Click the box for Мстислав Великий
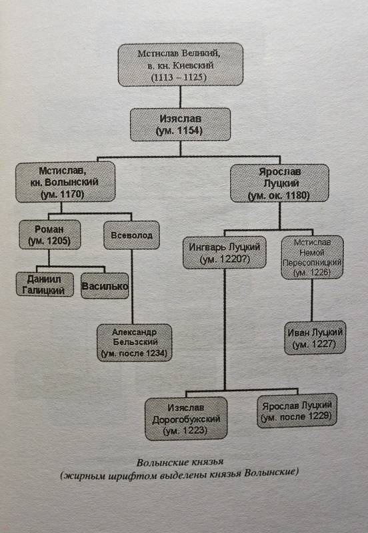[180, 65]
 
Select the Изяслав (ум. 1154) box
[180, 125]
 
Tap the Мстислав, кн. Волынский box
[65, 182]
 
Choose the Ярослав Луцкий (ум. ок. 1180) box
[279, 183]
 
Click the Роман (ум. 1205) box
[49, 235]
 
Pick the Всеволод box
[131, 235]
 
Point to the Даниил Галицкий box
[45, 284]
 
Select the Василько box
[105, 286]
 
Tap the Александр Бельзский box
[135, 342]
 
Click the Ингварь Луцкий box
[225, 253]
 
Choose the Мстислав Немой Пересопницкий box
[312, 257]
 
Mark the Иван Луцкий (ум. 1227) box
[315, 338]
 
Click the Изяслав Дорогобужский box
[186, 419]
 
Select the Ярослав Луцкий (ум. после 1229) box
[297, 410]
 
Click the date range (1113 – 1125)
[179, 77]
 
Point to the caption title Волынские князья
[180, 462]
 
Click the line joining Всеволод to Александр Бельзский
[132, 286]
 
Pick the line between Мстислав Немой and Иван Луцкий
[312, 300]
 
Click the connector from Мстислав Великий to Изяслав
[180, 97]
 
